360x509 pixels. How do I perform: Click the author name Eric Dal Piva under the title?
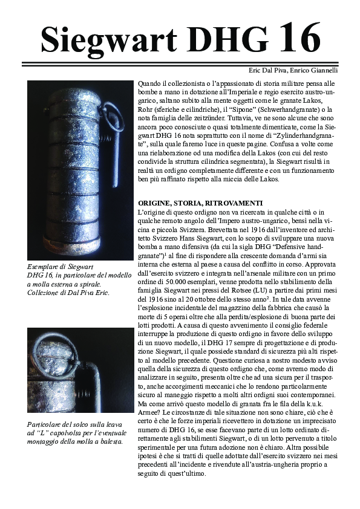tap(268, 71)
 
